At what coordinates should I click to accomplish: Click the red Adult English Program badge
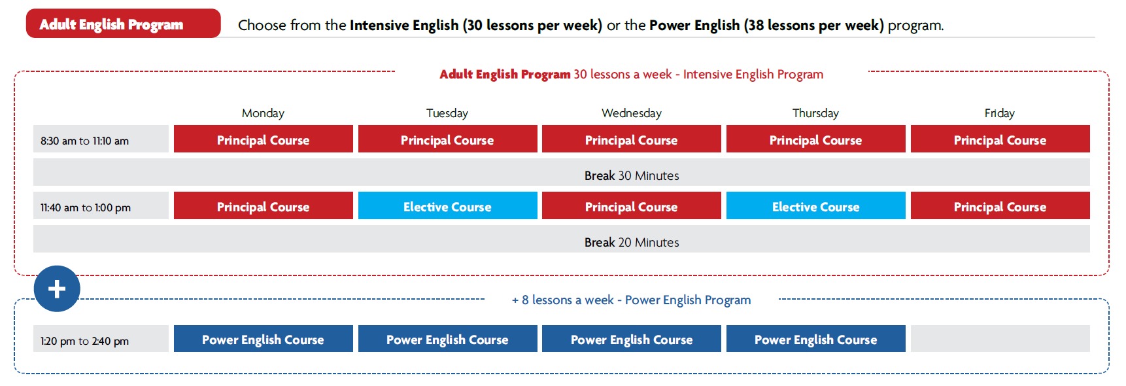123,24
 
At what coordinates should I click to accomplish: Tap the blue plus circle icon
57,289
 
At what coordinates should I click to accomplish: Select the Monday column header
263,113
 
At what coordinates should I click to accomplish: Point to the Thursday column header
815,113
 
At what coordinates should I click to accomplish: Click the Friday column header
1000,113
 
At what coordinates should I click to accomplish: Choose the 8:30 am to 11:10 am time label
85,141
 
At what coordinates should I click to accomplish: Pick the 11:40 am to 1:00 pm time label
86,207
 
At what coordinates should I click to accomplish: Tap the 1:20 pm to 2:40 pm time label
85,341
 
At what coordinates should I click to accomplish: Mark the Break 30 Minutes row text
632,175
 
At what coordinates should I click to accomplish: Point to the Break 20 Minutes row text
632,242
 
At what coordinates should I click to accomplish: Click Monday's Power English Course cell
264,339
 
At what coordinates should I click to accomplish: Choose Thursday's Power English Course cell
816,339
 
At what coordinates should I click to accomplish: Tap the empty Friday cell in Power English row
1000,339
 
